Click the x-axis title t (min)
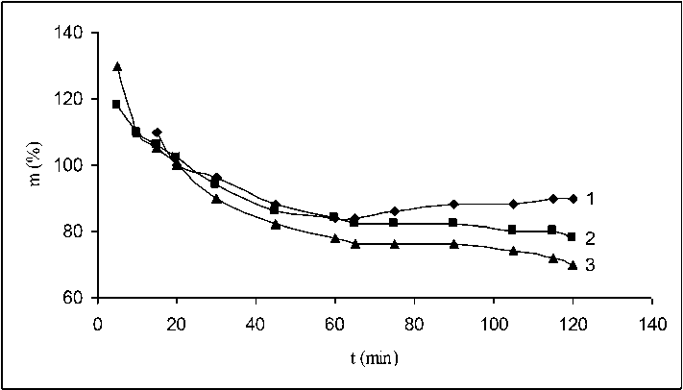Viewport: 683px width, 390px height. coord(375,357)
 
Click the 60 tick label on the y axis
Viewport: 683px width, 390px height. coord(75,299)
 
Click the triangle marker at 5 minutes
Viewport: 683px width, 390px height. coord(117,67)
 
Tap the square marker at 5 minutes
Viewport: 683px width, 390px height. coord(117,104)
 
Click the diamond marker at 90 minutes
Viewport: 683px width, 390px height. coord(453,204)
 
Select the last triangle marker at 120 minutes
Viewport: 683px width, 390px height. coord(573,265)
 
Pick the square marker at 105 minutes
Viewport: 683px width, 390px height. coord(512,231)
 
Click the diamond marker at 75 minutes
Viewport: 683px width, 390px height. coord(394,210)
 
